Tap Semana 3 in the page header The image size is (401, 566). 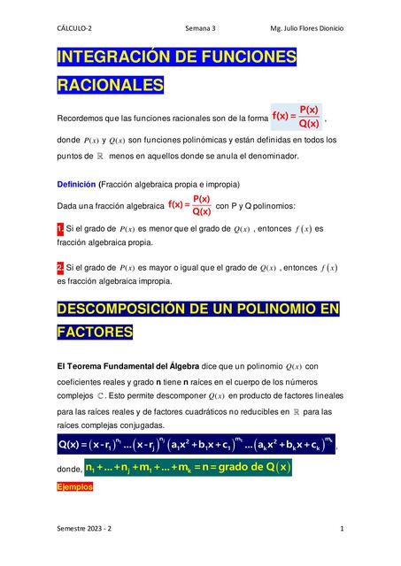(200, 28)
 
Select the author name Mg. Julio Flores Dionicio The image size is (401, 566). (307, 28)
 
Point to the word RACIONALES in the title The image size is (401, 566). (111, 86)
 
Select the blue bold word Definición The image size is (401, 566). (76, 185)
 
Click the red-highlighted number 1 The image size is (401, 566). (59, 229)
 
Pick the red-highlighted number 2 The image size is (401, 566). (59, 267)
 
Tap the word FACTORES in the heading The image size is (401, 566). (95, 333)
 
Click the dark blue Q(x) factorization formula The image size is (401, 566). (196, 442)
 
